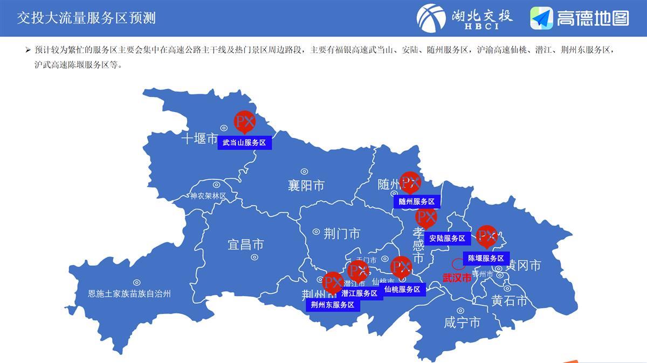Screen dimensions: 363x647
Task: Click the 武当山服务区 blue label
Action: (245, 143)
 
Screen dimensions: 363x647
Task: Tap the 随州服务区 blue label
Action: (417, 201)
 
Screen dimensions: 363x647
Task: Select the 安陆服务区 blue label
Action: (447, 238)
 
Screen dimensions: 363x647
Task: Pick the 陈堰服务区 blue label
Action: (486, 259)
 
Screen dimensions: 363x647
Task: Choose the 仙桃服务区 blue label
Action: (402, 289)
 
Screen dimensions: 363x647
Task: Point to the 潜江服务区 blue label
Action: (359, 294)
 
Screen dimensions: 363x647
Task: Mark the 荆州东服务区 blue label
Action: (333, 305)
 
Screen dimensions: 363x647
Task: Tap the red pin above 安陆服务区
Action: (426, 218)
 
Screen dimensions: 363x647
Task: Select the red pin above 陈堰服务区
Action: (487, 236)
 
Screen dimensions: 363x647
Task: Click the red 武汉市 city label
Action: (457, 278)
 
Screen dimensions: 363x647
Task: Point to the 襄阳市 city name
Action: (306, 186)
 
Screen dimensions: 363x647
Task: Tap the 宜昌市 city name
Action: (245, 245)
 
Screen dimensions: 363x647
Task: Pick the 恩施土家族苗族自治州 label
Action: (129, 294)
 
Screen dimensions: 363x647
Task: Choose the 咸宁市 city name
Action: (462, 323)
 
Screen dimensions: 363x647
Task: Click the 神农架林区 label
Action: (208, 196)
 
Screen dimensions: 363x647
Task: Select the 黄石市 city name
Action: (509, 301)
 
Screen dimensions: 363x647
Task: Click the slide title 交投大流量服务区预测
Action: (86, 18)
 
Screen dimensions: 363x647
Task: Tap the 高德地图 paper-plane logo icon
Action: (541, 18)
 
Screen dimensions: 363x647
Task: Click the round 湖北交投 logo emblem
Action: (431, 18)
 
